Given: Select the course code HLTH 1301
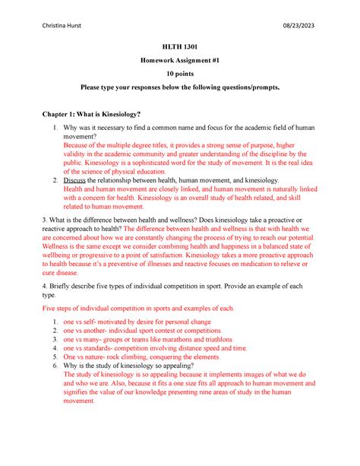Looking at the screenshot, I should tap(179, 46).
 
